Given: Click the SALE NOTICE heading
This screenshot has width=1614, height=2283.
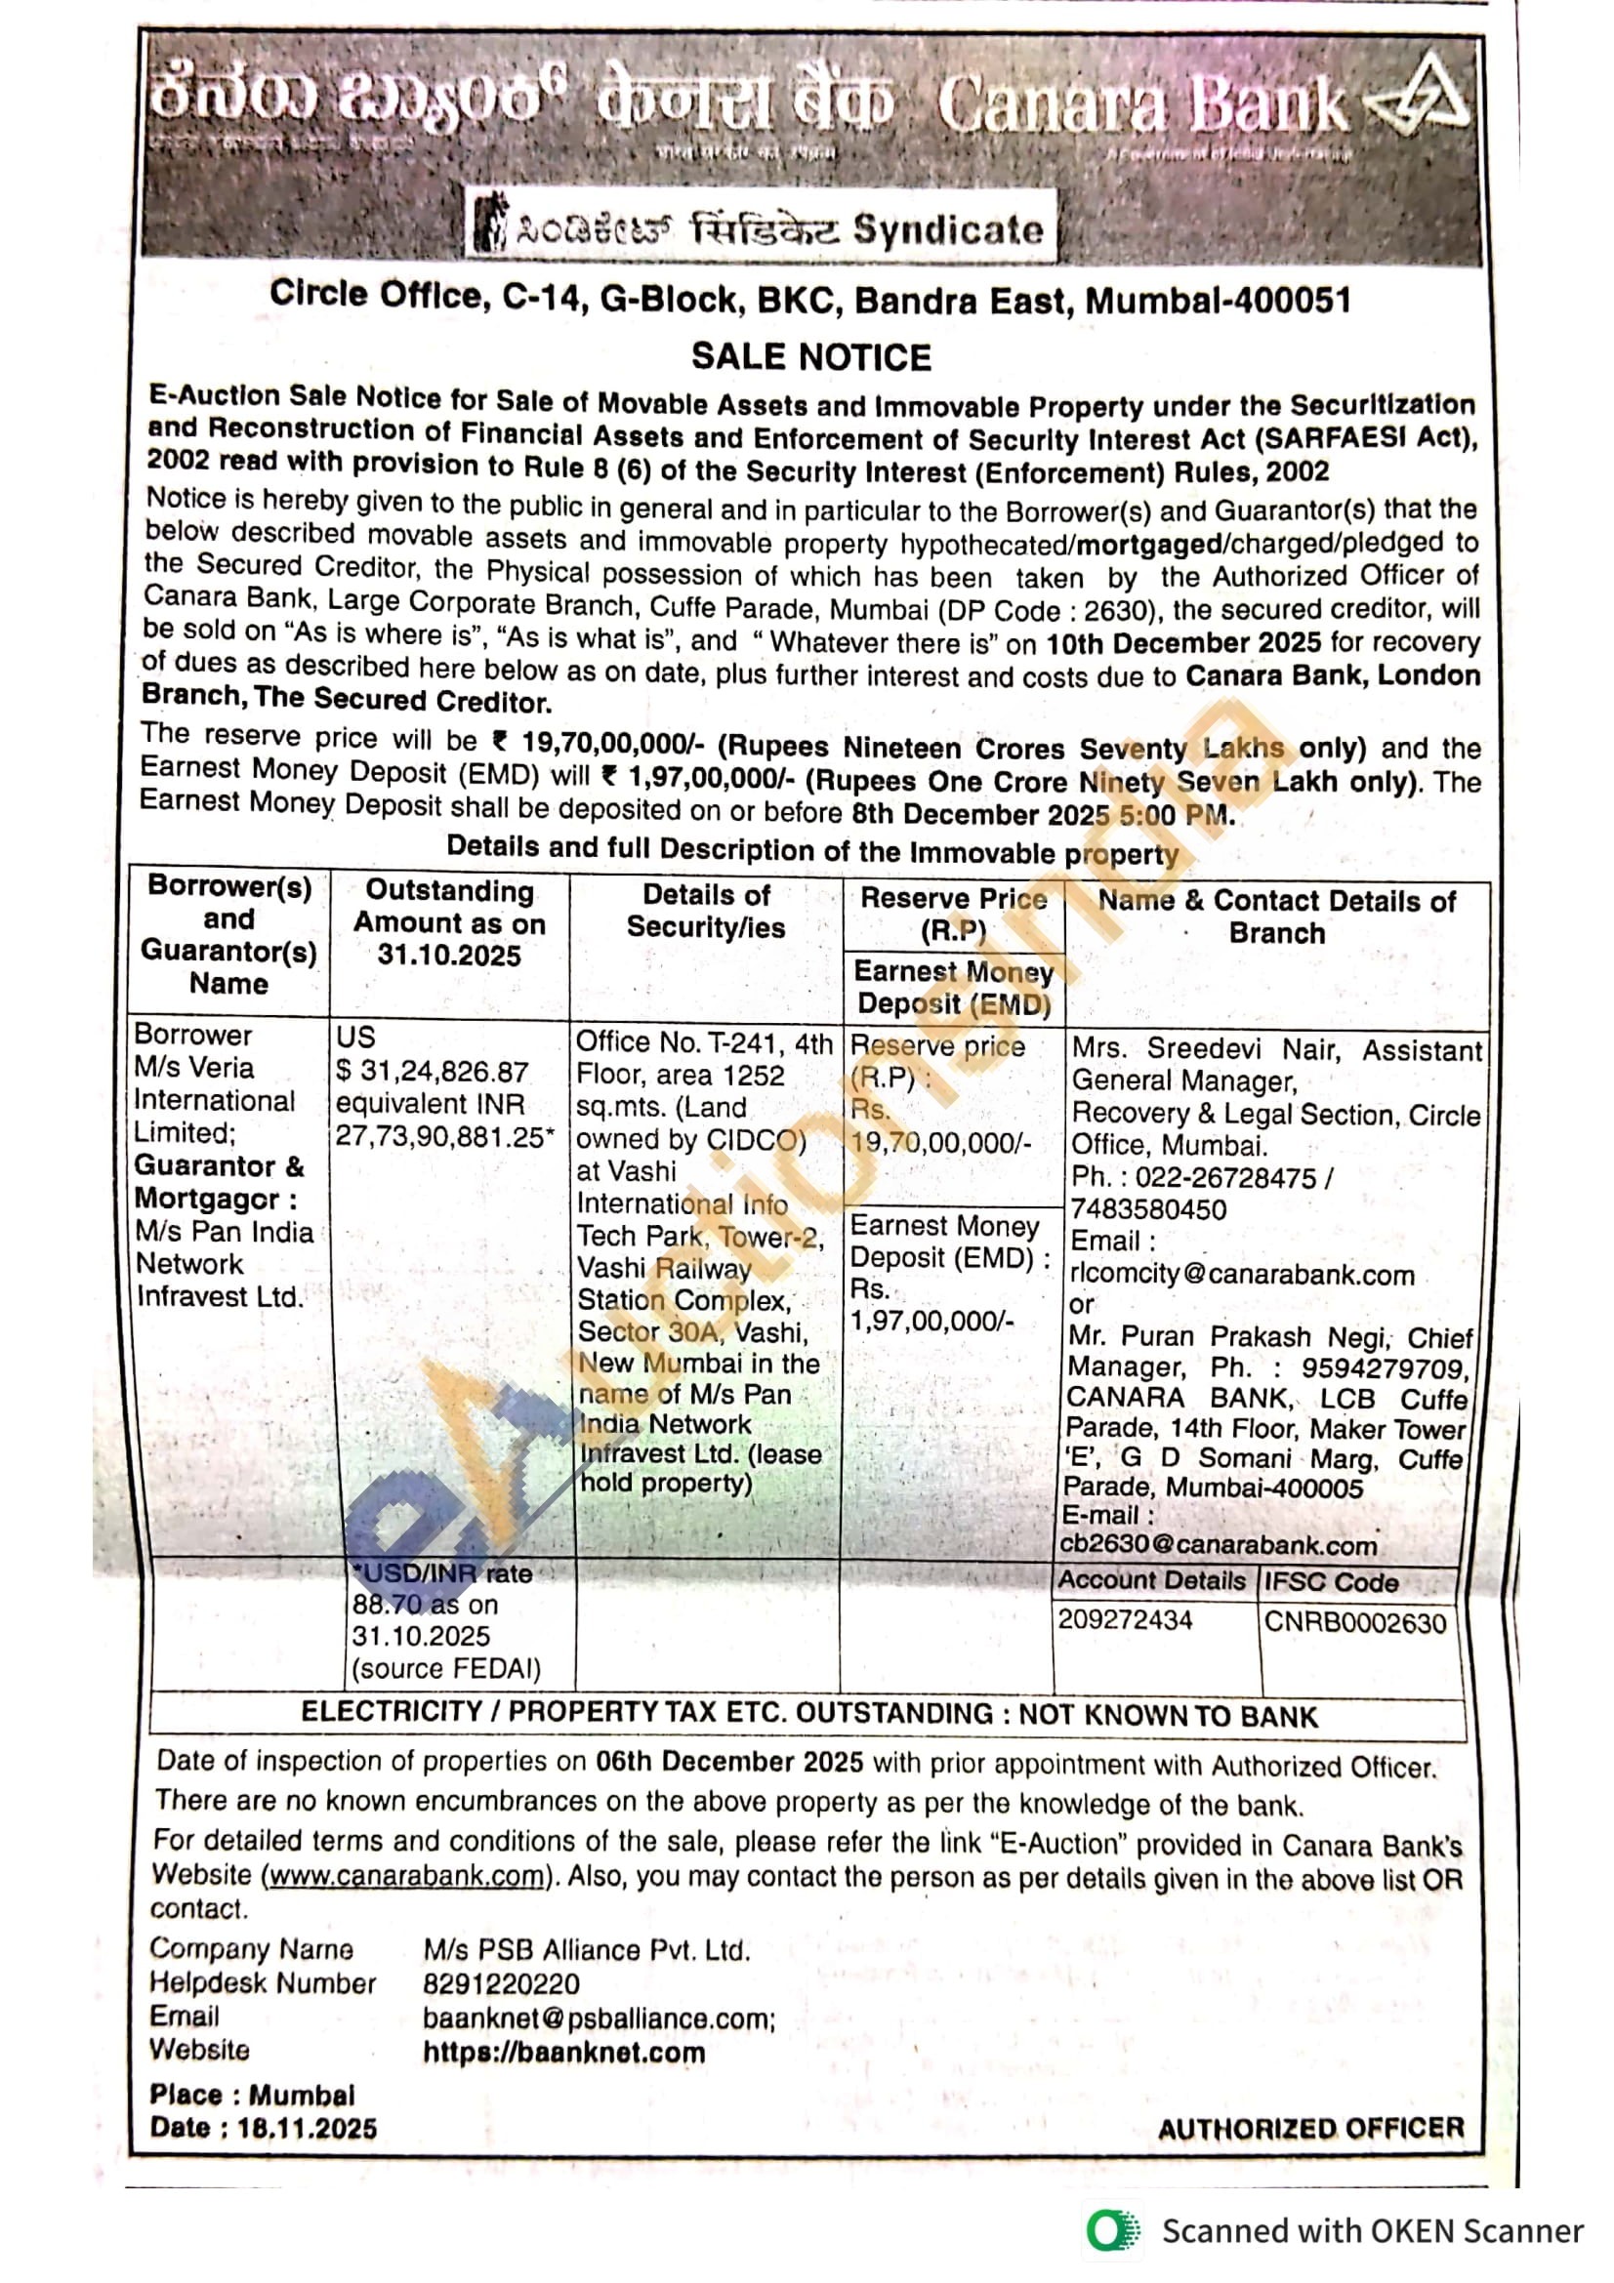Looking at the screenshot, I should pos(810,357).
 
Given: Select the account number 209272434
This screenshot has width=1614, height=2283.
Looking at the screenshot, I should pos(1125,1620).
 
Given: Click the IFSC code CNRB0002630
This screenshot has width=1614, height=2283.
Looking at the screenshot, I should pos(1354,1623).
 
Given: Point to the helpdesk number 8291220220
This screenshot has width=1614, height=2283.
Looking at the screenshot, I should pos(501,1983).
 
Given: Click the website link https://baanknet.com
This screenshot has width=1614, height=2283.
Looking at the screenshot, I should pos(563,2053).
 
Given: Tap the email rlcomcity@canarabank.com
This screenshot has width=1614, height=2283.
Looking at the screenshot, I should pos(1241,1275).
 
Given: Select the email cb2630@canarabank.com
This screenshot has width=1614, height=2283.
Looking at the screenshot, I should pos(1220,1545).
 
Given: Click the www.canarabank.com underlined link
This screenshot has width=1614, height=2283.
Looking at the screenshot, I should pos(407,1876).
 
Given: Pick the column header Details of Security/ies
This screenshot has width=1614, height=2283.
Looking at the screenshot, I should pos(705,911).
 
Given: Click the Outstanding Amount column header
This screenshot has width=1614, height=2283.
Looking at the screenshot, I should pos(449,922).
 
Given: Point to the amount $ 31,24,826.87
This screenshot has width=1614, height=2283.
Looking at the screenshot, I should pos(433,1072).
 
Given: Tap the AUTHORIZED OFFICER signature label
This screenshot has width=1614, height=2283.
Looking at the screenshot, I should pos(1310,2128).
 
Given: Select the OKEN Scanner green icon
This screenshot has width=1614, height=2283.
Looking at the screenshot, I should pos(1113,2230).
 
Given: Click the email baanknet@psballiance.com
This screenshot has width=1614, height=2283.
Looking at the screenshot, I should pos(599,2018).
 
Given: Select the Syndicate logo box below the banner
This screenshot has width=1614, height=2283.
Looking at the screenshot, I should pos(761,229).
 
